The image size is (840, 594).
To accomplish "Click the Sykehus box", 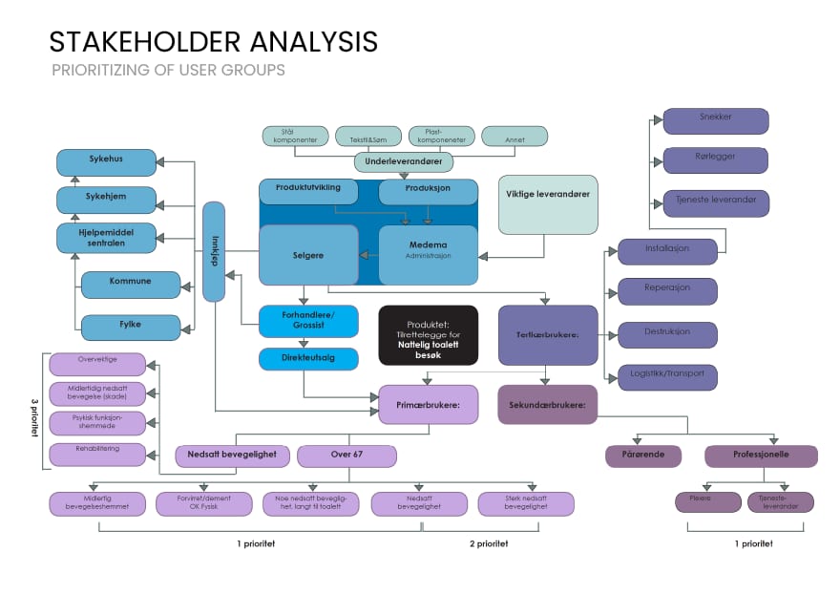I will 106,162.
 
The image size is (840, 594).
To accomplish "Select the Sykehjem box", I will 106,201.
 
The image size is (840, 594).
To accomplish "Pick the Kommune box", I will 131,285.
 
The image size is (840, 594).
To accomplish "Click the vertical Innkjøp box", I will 214,251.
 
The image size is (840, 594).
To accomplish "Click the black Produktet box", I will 428,335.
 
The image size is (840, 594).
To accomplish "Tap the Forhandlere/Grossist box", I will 308,322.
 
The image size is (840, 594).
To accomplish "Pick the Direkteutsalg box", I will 308,359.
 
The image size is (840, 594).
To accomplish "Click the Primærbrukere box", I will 428,404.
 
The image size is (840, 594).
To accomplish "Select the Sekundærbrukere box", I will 547,404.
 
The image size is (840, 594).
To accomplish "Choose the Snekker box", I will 715,121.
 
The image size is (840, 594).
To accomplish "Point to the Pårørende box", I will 643,456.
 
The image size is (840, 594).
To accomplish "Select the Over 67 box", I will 346,456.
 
